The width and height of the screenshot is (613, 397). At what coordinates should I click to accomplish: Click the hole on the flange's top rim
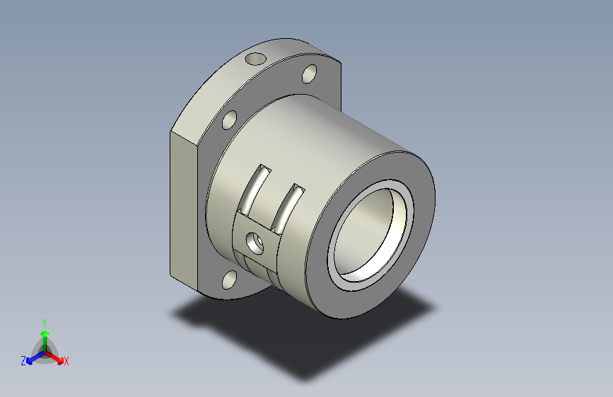pos(256,59)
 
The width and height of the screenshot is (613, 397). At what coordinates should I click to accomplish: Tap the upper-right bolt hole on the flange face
pos(309,74)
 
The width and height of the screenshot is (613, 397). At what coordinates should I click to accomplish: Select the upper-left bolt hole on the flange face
pos(230,120)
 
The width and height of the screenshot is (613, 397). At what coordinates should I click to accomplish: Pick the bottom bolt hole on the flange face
pos(230,280)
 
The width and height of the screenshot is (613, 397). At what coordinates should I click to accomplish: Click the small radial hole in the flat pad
pos(255,243)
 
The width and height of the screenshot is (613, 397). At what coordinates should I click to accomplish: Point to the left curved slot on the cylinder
pos(255,190)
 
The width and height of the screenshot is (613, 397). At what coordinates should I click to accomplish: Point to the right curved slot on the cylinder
pos(288,209)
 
